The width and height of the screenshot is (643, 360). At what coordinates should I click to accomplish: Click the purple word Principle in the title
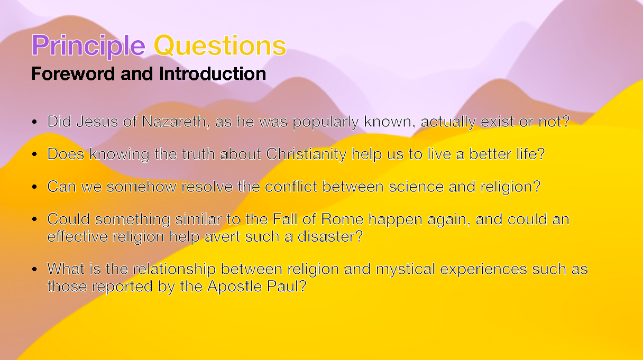88,46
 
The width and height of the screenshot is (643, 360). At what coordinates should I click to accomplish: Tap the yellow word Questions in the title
220,45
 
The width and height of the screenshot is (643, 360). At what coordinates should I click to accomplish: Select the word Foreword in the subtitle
73,74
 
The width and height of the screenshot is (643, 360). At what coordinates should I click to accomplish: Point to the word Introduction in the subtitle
213,74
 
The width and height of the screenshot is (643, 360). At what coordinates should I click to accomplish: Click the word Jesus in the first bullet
97,122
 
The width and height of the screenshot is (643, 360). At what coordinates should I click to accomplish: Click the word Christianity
306,154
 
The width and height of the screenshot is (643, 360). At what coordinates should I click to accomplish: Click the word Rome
342,219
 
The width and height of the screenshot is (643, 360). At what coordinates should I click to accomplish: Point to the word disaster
330,237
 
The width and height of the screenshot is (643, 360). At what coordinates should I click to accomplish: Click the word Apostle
234,286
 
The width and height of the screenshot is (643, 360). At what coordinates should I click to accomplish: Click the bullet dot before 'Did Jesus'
35,122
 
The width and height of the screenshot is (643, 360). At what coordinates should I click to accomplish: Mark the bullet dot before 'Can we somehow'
35,187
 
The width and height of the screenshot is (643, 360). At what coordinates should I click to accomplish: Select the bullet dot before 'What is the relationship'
35,269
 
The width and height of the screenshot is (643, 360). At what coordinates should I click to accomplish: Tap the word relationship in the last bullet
174,269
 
